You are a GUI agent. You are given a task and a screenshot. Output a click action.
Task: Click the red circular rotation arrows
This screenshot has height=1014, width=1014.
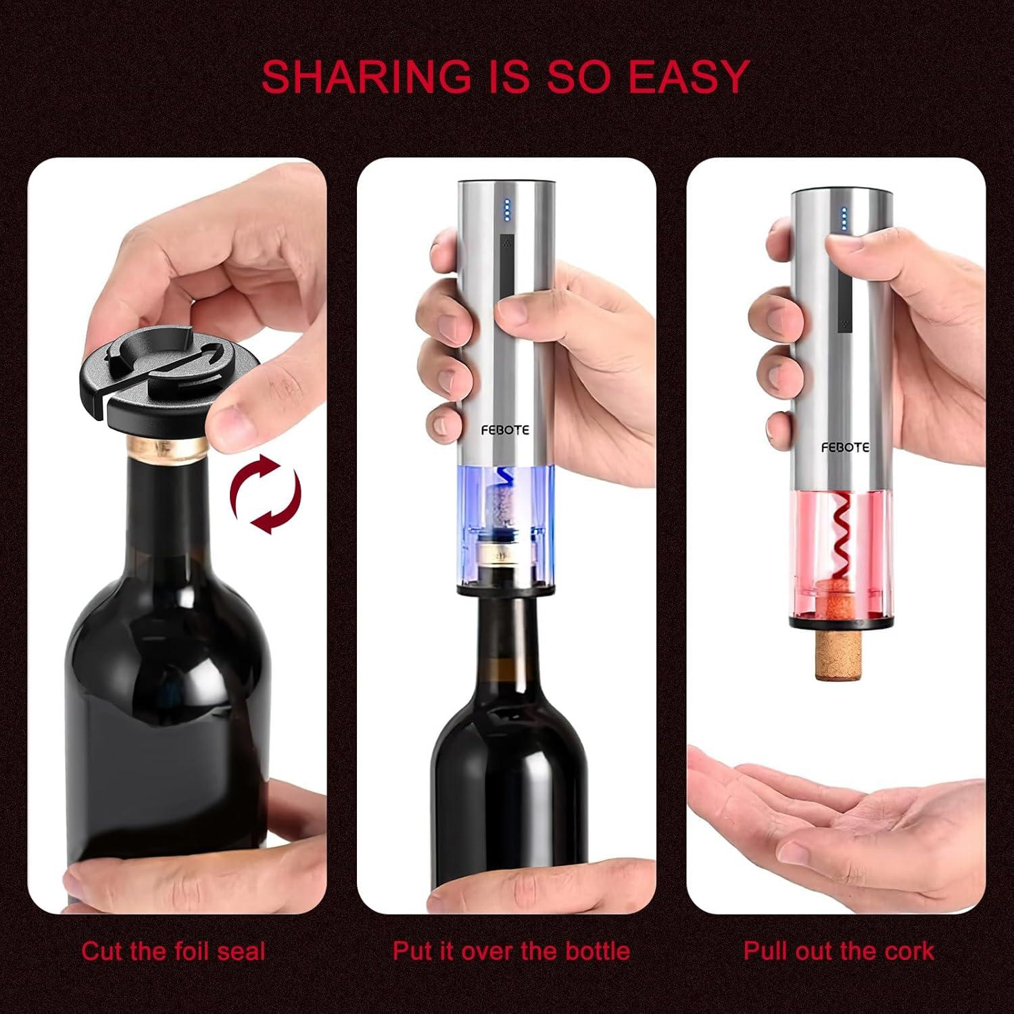coord(266,494)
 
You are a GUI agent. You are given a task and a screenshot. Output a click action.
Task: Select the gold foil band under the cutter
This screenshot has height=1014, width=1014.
coord(168,447)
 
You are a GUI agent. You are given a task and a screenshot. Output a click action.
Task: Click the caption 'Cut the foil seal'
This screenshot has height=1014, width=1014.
coord(173,951)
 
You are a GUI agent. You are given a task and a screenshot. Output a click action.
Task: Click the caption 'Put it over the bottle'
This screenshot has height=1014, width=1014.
coord(511,951)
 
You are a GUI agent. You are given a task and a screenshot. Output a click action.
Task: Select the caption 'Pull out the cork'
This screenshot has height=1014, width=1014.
coord(838,951)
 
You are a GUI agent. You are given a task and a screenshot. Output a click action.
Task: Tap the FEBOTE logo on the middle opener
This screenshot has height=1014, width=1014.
coord(505,430)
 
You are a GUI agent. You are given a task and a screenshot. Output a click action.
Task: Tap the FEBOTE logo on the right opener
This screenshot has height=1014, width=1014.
coord(845,448)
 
